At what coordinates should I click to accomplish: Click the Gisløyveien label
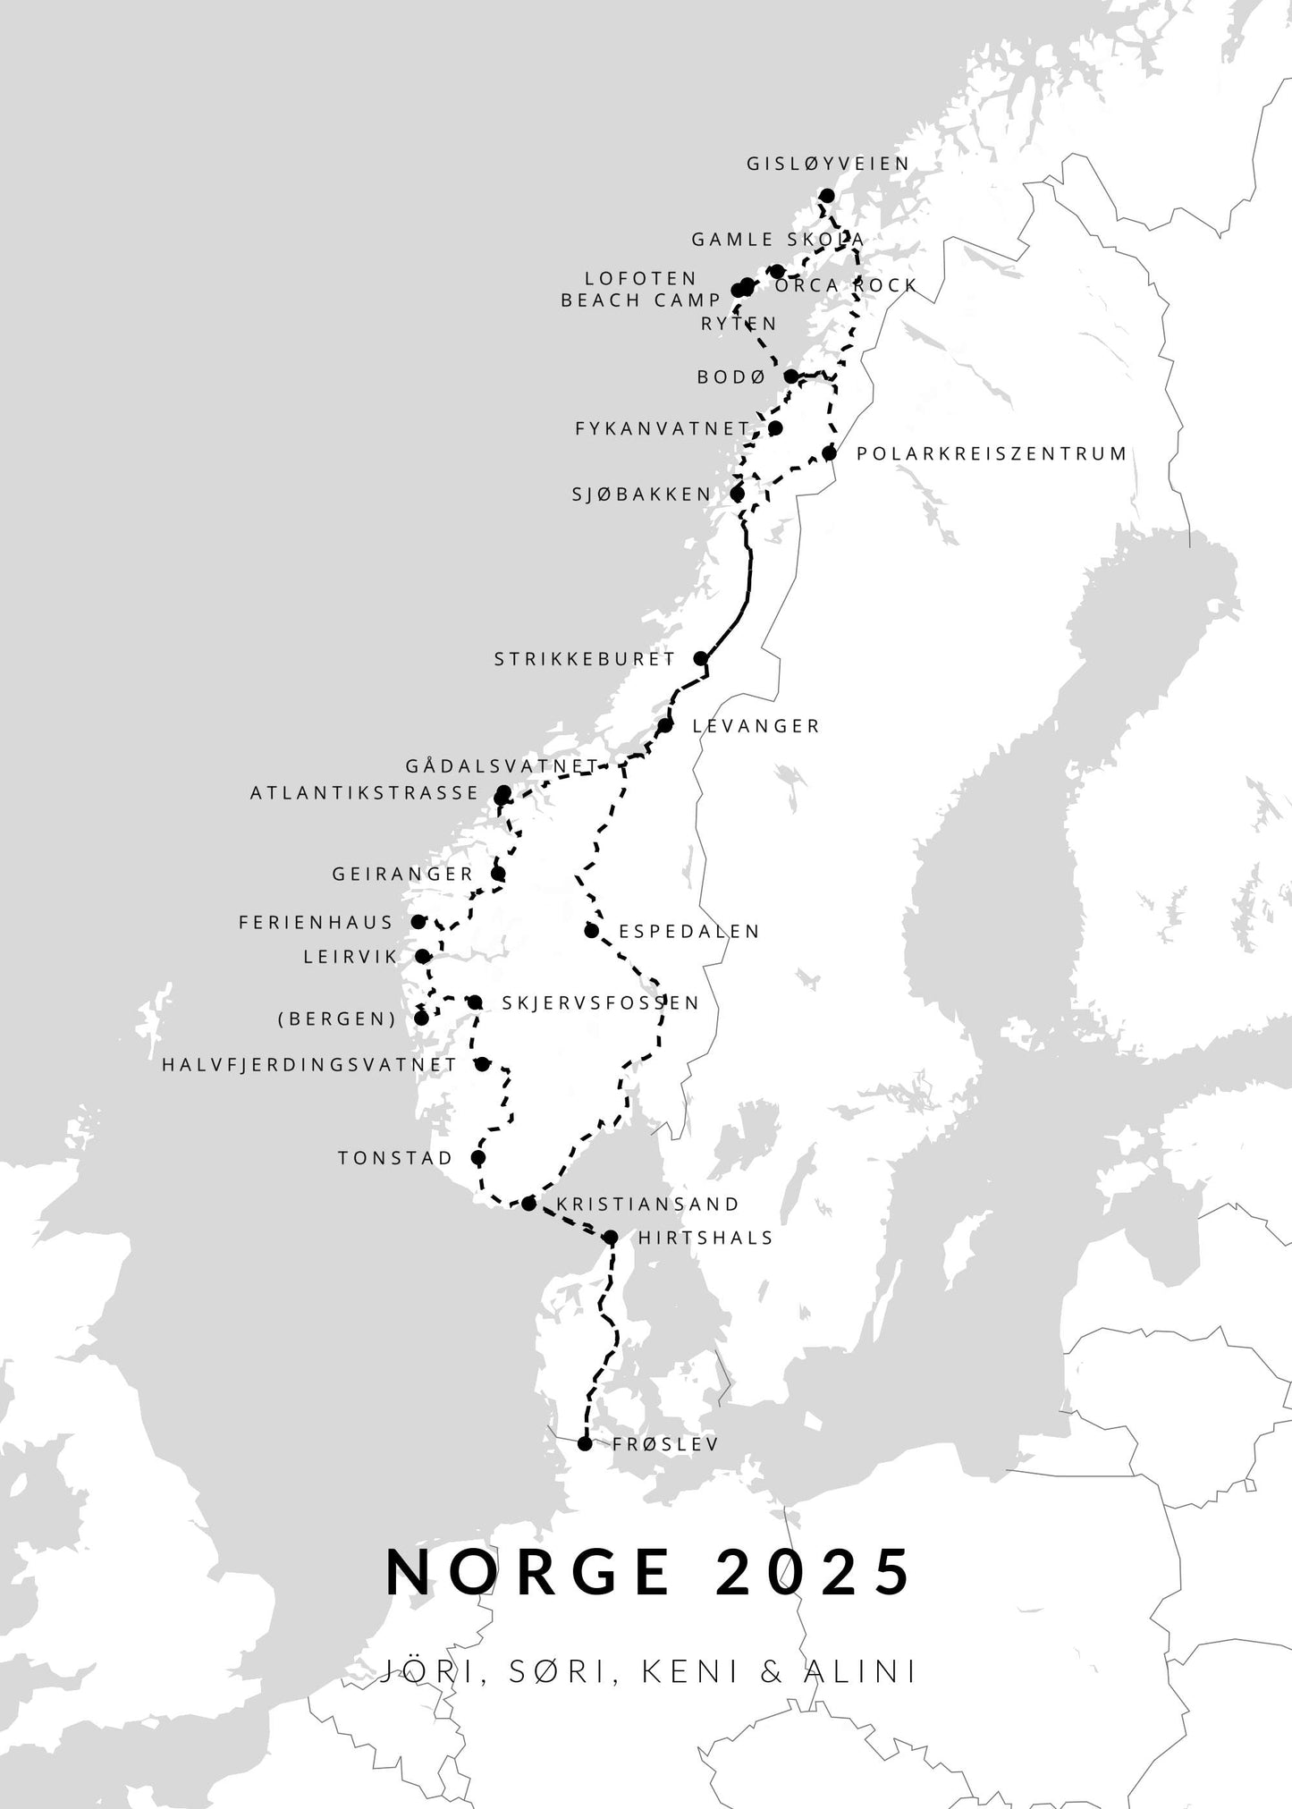pyautogui.click(x=828, y=164)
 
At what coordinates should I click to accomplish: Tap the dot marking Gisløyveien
pyautogui.click(x=827, y=196)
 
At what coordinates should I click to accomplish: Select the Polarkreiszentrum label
pyautogui.click(x=992, y=453)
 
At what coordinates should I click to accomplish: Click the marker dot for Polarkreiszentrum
pyautogui.click(x=830, y=453)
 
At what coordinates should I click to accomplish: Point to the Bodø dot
pyautogui.click(x=791, y=376)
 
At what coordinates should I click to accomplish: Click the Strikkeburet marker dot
pyautogui.click(x=701, y=658)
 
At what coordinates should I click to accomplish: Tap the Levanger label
pyautogui.click(x=756, y=726)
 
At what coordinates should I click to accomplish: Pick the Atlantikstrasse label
pyautogui.click(x=365, y=792)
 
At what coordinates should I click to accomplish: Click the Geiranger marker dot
pyautogui.click(x=499, y=874)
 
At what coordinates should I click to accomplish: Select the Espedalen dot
pyautogui.click(x=592, y=931)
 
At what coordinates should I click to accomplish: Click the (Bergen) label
pyautogui.click(x=337, y=1019)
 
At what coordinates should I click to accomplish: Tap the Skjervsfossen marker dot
pyautogui.click(x=476, y=1002)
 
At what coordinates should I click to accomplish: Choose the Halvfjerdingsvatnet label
pyautogui.click(x=309, y=1065)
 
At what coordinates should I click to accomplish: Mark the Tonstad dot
pyautogui.click(x=478, y=1158)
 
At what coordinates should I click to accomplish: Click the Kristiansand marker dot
pyautogui.click(x=528, y=1204)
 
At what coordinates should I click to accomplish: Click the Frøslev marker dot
pyautogui.click(x=585, y=1444)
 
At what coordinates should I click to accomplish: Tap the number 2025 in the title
pyautogui.click(x=813, y=1572)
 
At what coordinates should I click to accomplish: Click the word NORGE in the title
pyautogui.click(x=529, y=1572)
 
